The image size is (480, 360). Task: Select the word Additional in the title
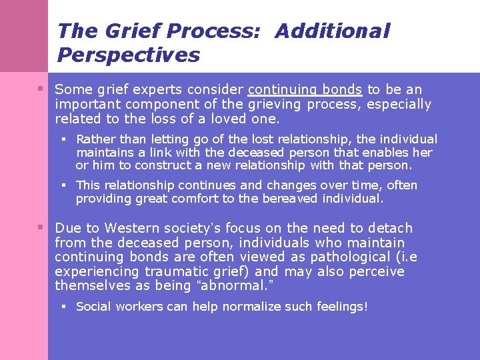(x=332, y=31)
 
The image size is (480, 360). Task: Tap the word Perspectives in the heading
(x=129, y=55)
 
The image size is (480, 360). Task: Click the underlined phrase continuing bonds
(x=305, y=89)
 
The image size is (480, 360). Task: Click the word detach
(x=390, y=228)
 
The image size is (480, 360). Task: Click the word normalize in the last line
(x=253, y=307)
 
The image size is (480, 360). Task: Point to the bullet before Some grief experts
(x=41, y=89)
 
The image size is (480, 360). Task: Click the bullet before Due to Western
(x=41, y=227)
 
